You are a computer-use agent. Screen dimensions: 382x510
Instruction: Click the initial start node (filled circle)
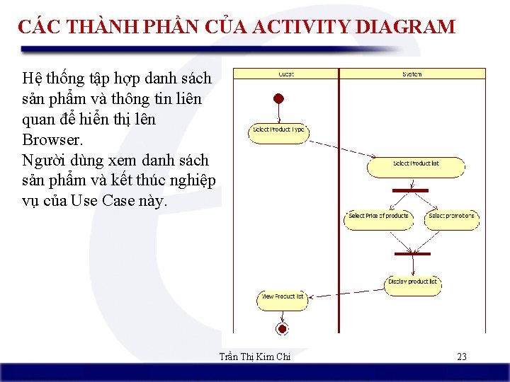tap(279, 99)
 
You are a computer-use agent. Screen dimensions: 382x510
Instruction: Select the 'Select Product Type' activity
tap(278, 131)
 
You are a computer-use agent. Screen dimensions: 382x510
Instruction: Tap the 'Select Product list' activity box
tap(416, 164)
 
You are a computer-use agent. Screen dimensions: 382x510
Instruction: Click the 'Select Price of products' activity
tap(379, 216)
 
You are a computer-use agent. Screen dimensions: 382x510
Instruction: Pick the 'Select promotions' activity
tap(452, 216)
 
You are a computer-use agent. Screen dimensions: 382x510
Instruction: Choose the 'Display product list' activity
tap(413, 282)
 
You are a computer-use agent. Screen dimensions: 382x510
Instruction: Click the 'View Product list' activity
tap(283, 297)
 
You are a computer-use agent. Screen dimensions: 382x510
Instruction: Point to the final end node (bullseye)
tap(282, 329)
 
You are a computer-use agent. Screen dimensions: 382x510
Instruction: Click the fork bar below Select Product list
tap(410, 190)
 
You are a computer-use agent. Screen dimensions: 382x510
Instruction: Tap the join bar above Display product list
tap(412, 253)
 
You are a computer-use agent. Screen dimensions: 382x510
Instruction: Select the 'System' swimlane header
tap(412, 74)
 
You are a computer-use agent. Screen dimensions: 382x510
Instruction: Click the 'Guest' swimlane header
tap(285, 74)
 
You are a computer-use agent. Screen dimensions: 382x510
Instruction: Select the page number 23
tap(462, 357)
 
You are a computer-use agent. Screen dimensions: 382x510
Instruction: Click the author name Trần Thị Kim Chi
tap(255, 357)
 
